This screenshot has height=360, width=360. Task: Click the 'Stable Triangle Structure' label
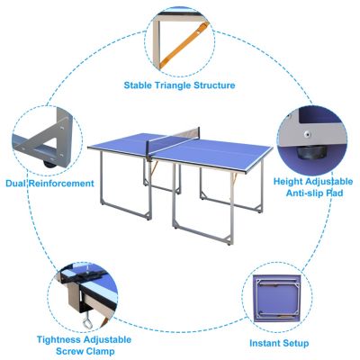(179, 85)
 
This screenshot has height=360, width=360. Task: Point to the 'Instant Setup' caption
(278, 343)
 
